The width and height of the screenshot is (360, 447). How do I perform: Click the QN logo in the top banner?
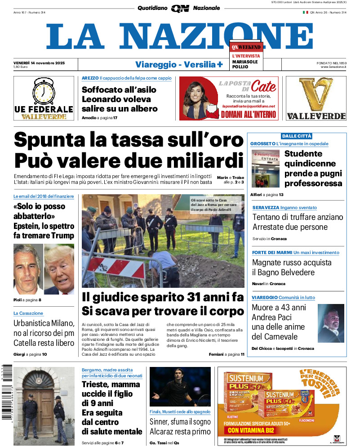click(x=180, y=8)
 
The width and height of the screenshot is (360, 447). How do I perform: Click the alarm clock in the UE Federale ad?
click(x=44, y=92)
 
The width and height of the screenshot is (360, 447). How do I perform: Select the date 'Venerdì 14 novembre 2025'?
click(x=39, y=63)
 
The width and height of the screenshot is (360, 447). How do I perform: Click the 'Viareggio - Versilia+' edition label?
click(x=179, y=64)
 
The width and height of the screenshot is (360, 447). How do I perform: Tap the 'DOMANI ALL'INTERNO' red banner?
click(x=249, y=114)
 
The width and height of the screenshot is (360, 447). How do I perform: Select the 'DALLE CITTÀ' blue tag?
click(x=297, y=136)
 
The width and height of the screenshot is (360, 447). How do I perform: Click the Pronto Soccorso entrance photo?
click(x=265, y=168)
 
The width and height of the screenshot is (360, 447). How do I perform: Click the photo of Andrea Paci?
click(x=330, y=323)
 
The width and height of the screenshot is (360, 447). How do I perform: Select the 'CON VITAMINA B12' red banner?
click(x=249, y=430)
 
